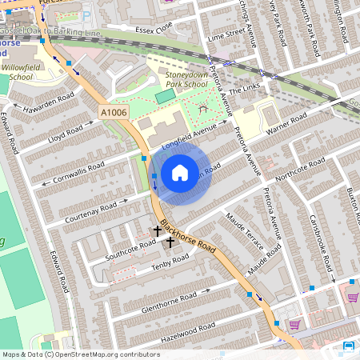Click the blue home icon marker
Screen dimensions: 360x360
180,173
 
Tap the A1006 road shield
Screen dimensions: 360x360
114,114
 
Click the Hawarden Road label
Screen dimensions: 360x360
49,102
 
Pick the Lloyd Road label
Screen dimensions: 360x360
66,132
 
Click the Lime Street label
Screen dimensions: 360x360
225,37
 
